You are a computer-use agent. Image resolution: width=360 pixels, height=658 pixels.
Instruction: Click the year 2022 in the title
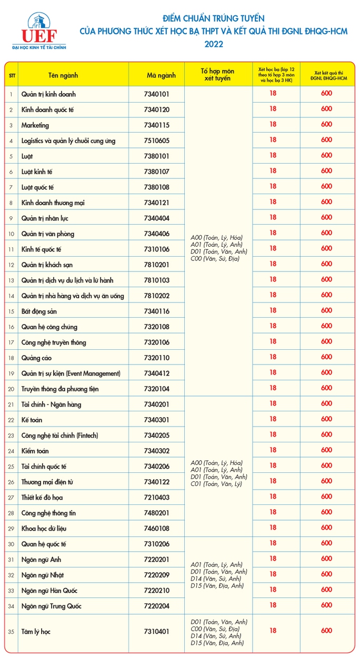point(214,44)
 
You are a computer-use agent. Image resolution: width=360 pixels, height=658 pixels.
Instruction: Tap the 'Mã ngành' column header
point(157,75)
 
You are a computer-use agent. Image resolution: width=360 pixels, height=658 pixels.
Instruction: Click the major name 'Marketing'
point(35,125)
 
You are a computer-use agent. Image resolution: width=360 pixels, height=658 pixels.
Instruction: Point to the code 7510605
point(157,140)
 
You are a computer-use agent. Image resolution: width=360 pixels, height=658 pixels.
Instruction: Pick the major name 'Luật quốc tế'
point(37,187)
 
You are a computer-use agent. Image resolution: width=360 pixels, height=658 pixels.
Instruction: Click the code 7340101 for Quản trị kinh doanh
point(157,94)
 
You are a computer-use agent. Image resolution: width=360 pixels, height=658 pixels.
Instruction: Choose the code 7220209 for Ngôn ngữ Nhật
point(157,575)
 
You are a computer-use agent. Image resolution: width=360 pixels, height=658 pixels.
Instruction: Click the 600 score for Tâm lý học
point(326,630)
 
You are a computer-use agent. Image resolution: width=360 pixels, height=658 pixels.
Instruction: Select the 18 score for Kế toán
point(273,419)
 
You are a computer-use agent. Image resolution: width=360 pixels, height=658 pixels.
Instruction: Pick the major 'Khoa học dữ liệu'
point(44,528)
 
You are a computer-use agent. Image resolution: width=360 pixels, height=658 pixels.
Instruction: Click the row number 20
point(11,389)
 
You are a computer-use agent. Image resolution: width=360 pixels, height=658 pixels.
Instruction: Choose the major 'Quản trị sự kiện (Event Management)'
point(71,373)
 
